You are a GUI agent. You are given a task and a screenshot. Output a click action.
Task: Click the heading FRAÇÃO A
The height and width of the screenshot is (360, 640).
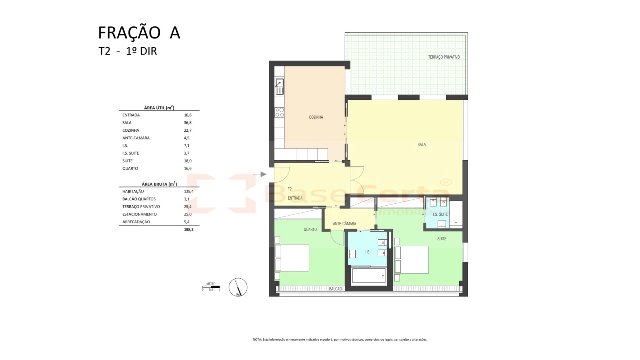pyautogui.click(x=139, y=33)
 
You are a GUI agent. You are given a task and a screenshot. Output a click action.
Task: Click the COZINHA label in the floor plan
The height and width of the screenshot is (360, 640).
pyautogui.click(x=316, y=117)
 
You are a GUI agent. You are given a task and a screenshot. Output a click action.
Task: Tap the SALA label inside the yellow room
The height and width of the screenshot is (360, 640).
pyautogui.click(x=422, y=145)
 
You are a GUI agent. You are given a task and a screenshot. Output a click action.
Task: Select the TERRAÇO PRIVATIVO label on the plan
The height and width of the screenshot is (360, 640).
pyautogui.click(x=444, y=57)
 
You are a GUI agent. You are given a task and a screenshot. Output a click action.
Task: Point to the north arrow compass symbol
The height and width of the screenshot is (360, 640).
pyautogui.click(x=238, y=287)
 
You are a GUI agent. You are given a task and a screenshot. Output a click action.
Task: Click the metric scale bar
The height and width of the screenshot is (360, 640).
pyautogui.click(x=211, y=287)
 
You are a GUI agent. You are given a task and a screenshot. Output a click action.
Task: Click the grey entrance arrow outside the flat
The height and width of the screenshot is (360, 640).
pyautogui.click(x=263, y=174)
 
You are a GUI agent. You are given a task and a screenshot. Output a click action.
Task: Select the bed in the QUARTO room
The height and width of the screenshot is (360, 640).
pyautogui.click(x=292, y=258)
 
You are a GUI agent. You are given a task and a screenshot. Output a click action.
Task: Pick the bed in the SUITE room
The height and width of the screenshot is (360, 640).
pyautogui.click(x=412, y=260)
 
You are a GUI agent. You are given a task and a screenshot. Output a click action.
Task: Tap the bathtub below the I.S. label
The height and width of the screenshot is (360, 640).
pyautogui.click(x=369, y=276)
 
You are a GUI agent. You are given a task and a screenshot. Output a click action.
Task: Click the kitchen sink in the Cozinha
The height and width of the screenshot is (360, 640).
pyautogui.click(x=280, y=87)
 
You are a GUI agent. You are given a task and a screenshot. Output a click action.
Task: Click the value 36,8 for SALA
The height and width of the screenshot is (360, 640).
pyautogui.click(x=188, y=123)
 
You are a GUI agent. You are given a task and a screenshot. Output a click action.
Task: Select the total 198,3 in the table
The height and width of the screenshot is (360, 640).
pyautogui.click(x=188, y=230)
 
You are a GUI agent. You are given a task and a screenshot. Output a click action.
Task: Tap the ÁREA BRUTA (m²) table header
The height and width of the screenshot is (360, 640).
pyautogui.click(x=159, y=184)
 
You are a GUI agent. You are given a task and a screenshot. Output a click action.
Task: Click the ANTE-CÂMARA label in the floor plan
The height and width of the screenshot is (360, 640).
pyautogui.click(x=344, y=224)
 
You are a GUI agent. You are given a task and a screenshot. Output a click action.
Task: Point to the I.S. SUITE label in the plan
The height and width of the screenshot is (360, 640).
pyautogui.click(x=440, y=214)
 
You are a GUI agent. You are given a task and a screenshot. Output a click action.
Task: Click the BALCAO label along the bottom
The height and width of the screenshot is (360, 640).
pyautogui.click(x=335, y=289)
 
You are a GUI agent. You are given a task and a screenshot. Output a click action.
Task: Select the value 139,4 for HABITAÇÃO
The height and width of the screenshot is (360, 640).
pyautogui.click(x=188, y=191)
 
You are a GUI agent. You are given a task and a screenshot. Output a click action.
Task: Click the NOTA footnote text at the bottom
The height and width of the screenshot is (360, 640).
pyautogui.click(x=340, y=339)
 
